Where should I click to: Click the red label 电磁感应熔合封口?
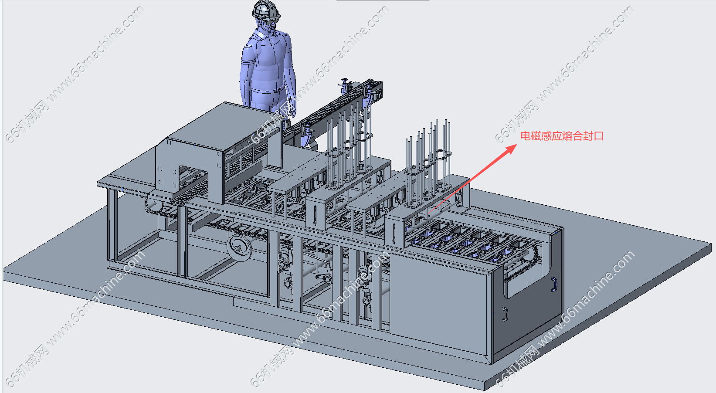(x=562, y=136)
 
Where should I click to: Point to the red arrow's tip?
(x=516, y=144)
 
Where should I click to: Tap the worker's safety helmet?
(x=266, y=10)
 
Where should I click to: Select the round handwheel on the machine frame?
(x=239, y=247)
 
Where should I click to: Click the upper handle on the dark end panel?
(x=554, y=284)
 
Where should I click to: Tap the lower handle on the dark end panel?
(x=505, y=314)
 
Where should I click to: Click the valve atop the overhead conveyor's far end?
(x=344, y=84)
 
